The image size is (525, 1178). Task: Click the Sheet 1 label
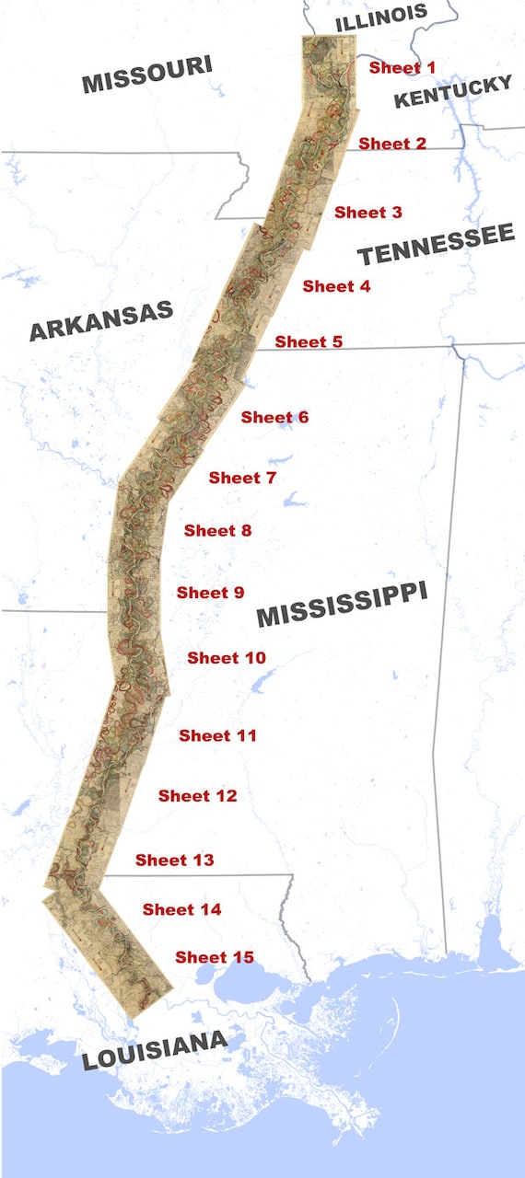click(x=402, y=68)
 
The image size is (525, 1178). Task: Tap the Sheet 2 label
click(x=392, y=144)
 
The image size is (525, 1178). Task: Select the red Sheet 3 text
click(x=367, y=213)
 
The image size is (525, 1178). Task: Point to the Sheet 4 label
click(x=336, y=286)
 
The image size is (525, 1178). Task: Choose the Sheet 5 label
click(x=309, y=341)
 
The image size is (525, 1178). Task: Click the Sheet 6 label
click(x=274, y=418)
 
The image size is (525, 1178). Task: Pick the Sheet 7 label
click(x=242, y=478)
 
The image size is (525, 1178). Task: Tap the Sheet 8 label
click(x=217, y=531)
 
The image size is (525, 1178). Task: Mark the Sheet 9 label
click(x=210, y=593)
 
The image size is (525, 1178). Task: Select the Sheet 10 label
click(x=227, y=658)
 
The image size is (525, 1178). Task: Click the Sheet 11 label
click(x=217, y=735)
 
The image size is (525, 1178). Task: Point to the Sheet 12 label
click(x=197, y=796)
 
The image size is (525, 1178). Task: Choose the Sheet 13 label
click(x=174, y=860)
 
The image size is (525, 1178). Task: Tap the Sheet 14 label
click(x=181, y=909)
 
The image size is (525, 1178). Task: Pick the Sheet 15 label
click(x=214, y=957)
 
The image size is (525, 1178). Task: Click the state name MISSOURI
click(x=147, y=74)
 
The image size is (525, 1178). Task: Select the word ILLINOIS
click(x=381, y=17)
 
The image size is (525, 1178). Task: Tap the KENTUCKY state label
click(x=452, y=92)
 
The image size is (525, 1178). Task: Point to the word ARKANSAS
click(x=101, y=321)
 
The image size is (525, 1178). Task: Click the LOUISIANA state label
click(x=154, y=1050)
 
